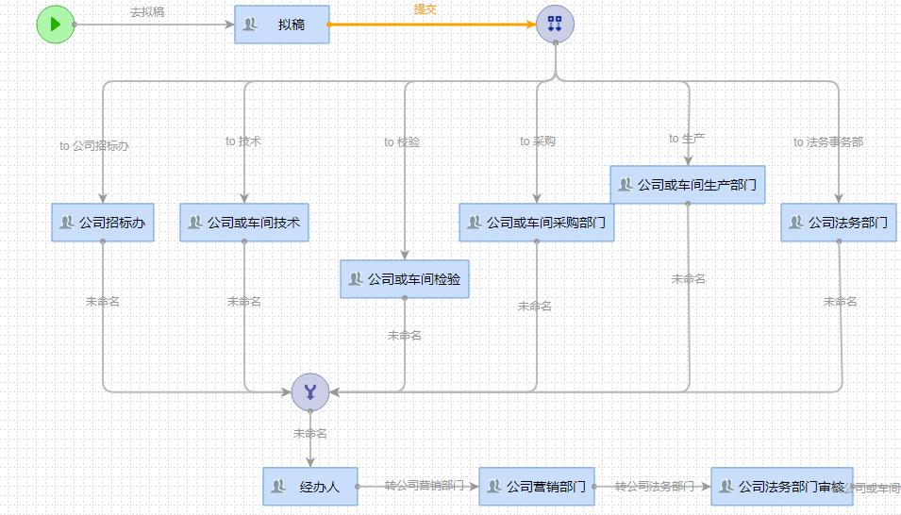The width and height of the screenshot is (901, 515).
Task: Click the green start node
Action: [55, 25]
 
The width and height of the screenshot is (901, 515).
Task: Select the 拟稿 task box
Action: [282, 25]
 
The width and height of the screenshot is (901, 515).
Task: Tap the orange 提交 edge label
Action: [425, 9]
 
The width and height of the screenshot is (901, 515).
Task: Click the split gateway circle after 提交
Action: [555, 25]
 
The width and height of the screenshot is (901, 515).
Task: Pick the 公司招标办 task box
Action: [103, 224]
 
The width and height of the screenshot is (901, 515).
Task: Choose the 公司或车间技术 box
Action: [244, 223]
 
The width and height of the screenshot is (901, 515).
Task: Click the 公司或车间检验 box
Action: [405, 279]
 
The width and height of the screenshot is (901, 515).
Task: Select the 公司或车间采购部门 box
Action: [537, 224]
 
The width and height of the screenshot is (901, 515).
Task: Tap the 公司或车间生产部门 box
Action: [688, 185]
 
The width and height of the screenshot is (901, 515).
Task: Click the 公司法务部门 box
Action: [838, 224]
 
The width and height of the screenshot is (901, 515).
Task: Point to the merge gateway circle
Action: [309, 391]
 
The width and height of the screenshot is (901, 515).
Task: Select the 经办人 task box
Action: [310, 487]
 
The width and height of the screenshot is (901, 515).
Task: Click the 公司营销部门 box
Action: [537, 487]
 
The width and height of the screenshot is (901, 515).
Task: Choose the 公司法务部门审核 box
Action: [782, 487]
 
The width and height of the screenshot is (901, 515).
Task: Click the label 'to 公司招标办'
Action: [94, 146]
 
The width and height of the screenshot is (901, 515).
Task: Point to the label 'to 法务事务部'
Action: [828, 142]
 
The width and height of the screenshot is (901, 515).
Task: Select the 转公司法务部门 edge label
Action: [655, 487]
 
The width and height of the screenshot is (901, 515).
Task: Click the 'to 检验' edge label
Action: [402, 142]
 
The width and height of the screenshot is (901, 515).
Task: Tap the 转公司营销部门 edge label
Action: [425, 486]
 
